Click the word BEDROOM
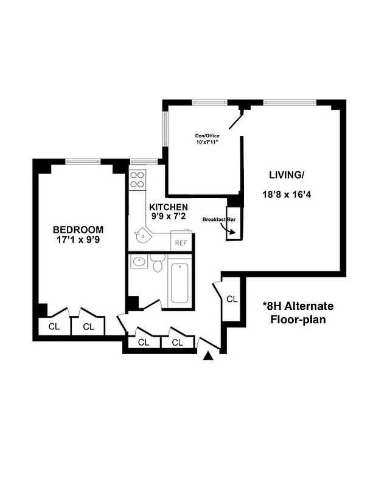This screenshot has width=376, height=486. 78,230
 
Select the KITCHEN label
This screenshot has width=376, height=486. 169,207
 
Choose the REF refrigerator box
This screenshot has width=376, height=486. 181,242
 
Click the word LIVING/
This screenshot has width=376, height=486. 286,175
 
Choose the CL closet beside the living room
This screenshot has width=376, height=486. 232,299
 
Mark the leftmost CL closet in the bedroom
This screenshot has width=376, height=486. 54,326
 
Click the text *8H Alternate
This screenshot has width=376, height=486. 298,306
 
